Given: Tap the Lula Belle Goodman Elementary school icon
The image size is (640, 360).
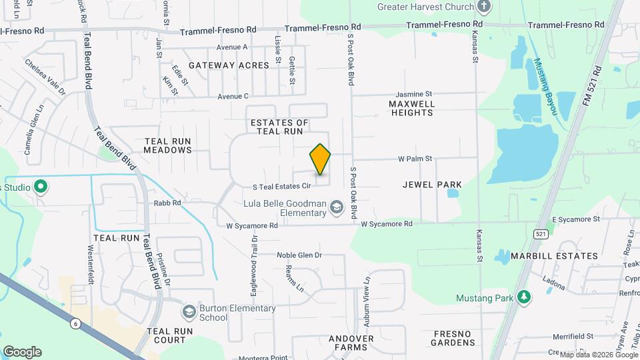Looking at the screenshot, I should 336,208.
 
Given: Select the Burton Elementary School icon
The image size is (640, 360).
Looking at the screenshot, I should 189,312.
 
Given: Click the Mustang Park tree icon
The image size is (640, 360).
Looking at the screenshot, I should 525,297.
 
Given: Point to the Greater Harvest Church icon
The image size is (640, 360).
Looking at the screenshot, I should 485,7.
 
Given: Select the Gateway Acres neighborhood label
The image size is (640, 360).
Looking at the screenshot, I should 229,65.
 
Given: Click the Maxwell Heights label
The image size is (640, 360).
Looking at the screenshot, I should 412,108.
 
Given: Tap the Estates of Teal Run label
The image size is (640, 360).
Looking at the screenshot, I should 280,127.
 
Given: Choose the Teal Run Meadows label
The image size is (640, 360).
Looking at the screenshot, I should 168,145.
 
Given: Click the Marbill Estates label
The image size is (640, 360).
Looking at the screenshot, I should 554,256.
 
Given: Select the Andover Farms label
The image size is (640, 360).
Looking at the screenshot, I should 351,343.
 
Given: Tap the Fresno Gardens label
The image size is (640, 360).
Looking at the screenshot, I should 453,338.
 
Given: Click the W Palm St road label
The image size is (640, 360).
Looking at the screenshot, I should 415,159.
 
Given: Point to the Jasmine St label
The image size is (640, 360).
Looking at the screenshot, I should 414,95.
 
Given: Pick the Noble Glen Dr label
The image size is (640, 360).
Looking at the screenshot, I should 299,255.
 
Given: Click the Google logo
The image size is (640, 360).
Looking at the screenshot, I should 22,352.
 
